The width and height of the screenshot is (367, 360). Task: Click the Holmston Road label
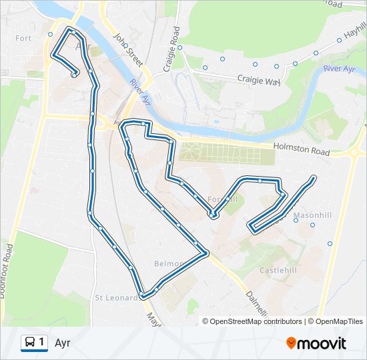coord(302,151)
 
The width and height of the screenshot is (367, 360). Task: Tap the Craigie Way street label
coord(258,79)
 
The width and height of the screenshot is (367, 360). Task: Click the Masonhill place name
coord(308,215)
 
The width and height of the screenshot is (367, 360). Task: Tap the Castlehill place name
coord(278,271)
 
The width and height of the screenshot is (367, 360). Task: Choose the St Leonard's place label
coord(117,297)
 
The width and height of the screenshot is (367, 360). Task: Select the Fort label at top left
coord(23,38)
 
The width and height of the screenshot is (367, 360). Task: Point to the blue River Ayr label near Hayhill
coord(340,69)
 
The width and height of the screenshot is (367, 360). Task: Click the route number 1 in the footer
coord(42,343)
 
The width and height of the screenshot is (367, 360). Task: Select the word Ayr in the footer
coord(63,343)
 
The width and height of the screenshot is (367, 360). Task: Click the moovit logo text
coord(322,343)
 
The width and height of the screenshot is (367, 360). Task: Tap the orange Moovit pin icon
coord(291,343)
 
